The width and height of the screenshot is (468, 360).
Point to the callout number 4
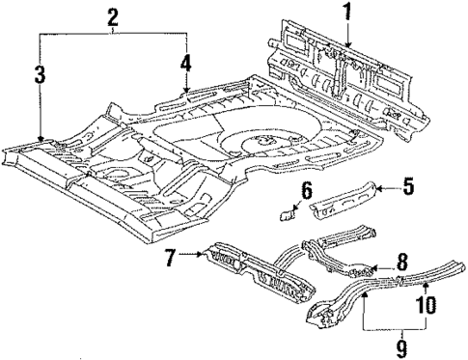(185, 65)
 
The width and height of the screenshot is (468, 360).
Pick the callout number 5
(408, 187)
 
